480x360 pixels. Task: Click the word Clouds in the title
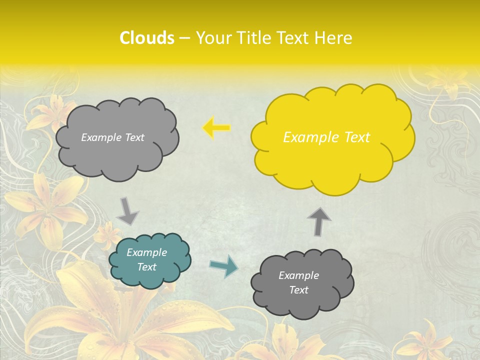click(147, 38)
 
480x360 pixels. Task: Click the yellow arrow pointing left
click(216, 128)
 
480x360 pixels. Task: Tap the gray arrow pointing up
click(319, 220)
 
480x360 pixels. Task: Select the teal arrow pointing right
click(224, 266)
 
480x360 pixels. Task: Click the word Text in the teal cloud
click(147, 267)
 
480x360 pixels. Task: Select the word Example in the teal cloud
click(147, 252)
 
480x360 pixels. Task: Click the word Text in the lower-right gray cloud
click(299, 290)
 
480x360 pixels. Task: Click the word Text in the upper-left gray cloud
click(134, 137)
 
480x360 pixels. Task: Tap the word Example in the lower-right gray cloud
click(299, 275)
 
